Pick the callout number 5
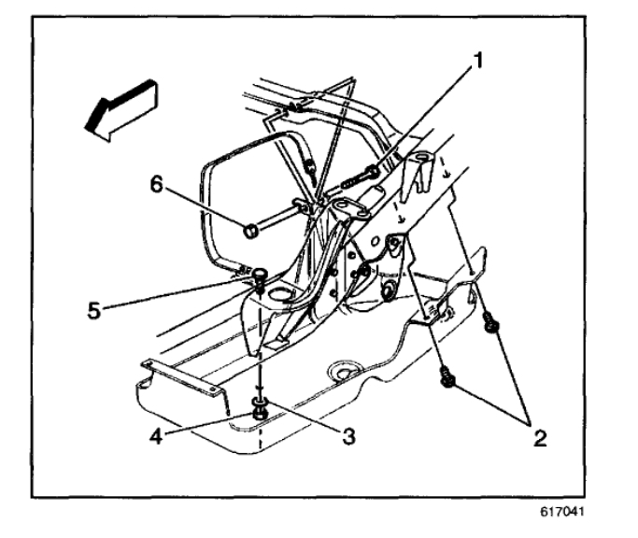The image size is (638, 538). [x=94, y=307]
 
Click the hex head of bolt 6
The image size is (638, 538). [x=252, y=228]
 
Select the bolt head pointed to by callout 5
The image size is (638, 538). [x=259, y=273]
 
